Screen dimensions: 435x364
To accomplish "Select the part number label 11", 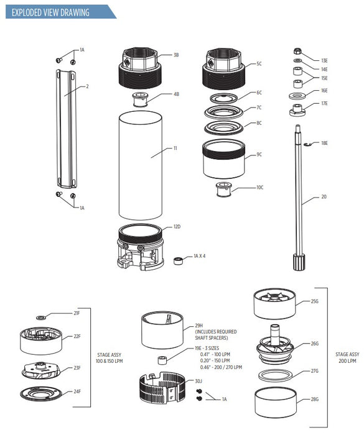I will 175,149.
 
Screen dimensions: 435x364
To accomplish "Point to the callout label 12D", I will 177,228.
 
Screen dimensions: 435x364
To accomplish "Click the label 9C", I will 259,154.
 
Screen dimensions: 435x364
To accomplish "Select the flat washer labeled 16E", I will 297,96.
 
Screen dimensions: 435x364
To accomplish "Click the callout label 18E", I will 324,144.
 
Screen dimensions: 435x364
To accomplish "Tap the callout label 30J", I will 198,381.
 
